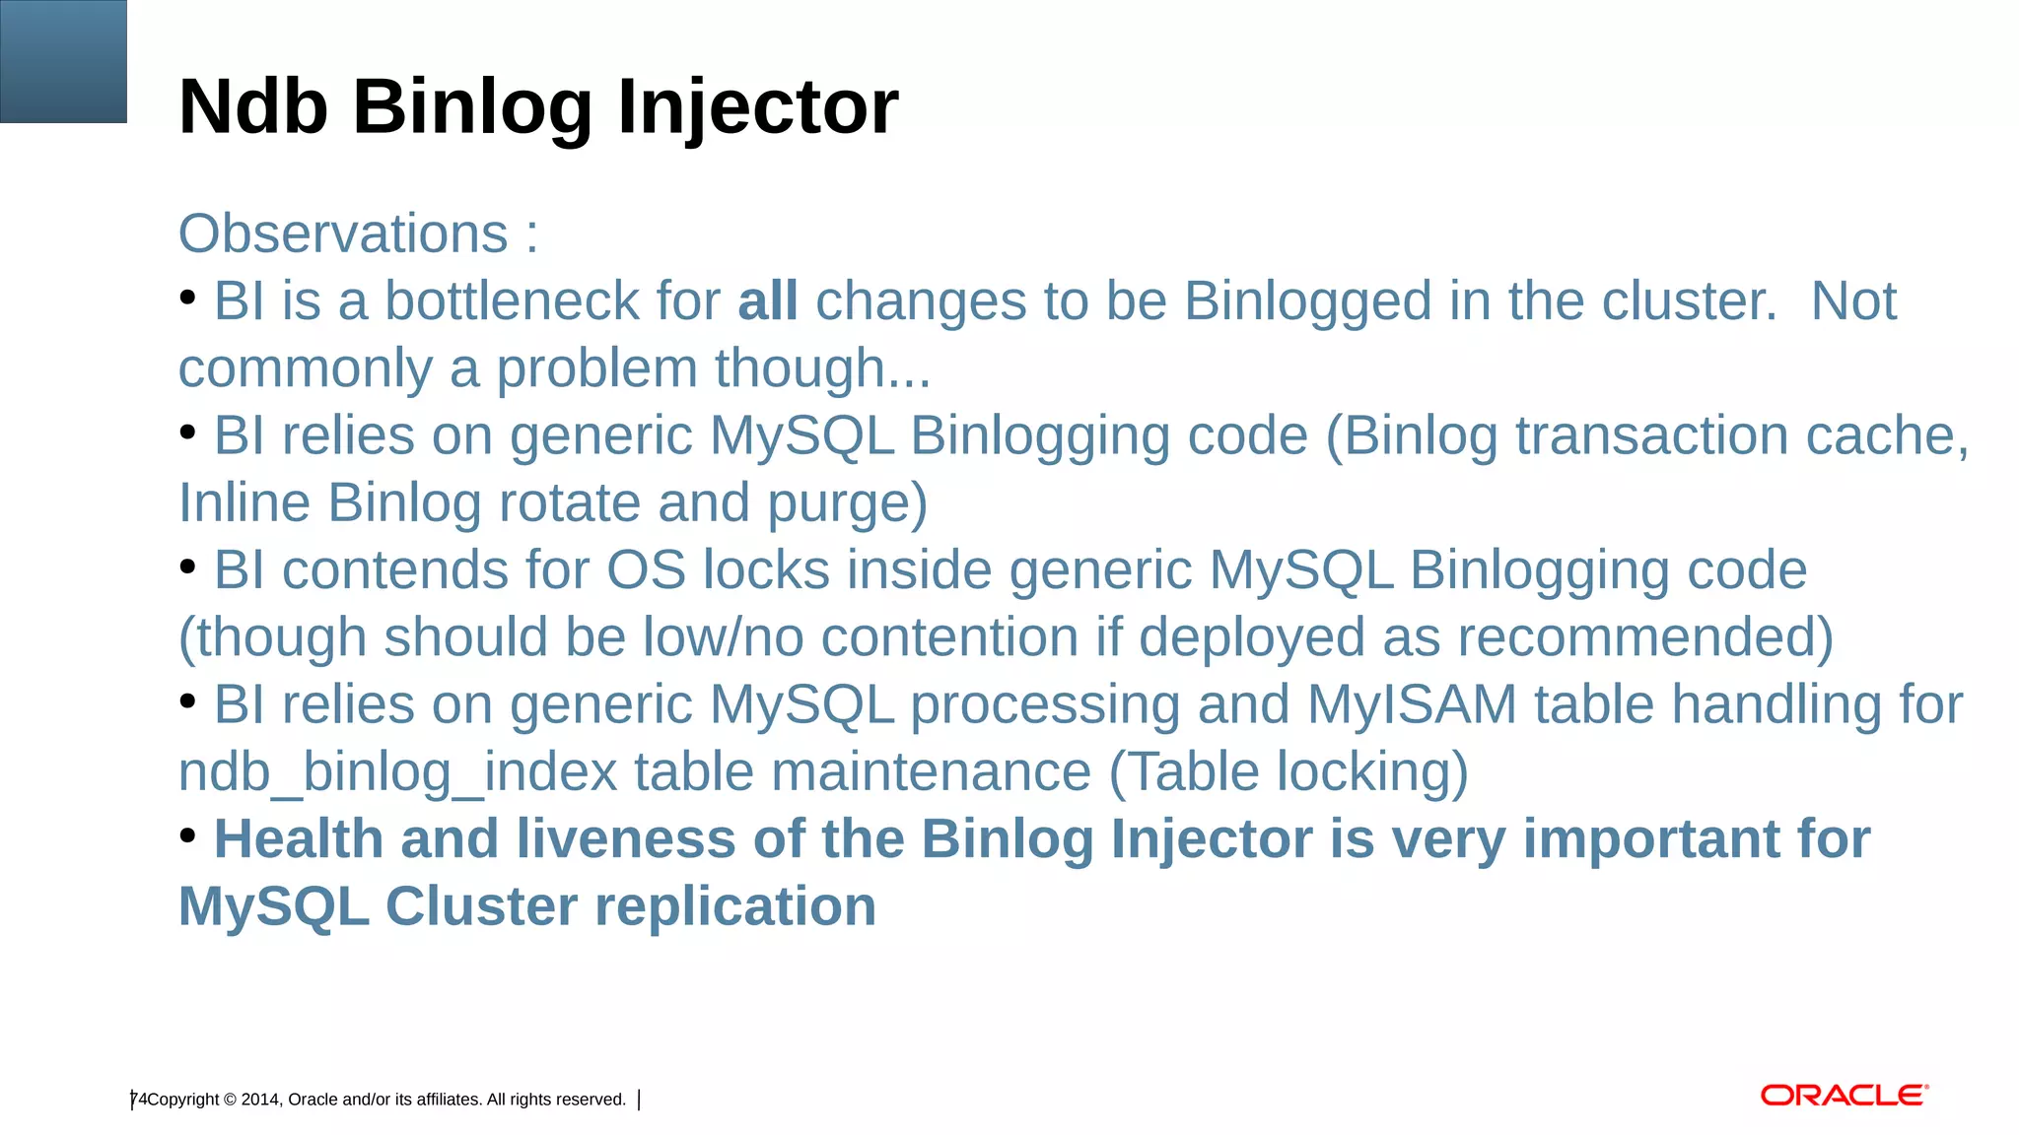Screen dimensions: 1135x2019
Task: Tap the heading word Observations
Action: click(x=343, y=234)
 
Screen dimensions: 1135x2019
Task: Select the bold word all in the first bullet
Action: click(x=767, y=301)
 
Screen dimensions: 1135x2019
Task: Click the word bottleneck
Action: click(x=511, y=301)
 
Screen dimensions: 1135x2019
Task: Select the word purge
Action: click(x=846, y=503)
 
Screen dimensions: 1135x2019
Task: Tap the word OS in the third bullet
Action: click(x=645, y=570)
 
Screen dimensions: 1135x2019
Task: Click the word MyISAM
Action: click(x=1412, y=705)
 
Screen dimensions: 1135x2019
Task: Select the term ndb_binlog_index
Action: click(x=397, y=772)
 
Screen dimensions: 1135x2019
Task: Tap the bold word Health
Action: click(x=298, y=839)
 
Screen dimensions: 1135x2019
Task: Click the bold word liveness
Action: click(x=625, y=839)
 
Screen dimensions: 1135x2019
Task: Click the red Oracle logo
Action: click(x=1844, y=1096)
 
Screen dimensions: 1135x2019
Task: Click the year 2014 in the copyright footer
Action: click(x=259, y=1100)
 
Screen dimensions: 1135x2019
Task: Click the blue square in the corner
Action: click(x=63, y=61)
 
